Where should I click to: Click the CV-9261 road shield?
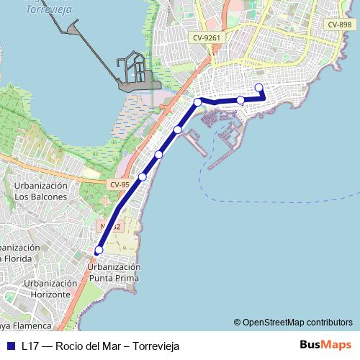206,37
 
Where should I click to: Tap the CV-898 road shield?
339,24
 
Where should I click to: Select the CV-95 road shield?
120,184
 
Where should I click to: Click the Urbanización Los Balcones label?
40,191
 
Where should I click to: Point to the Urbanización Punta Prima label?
114,271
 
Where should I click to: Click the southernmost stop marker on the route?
99,251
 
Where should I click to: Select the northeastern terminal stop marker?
259,88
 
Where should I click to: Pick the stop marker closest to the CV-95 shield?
143,177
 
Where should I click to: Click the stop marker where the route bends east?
197,102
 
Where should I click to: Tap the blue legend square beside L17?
10,346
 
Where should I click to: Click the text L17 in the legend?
30,346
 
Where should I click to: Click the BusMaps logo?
325,345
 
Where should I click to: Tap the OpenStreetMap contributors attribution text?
293,322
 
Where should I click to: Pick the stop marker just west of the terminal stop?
240,100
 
